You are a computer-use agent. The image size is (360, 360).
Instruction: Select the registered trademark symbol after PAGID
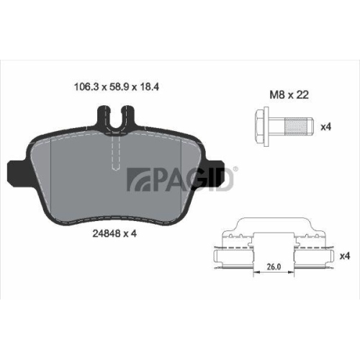pyautogui.click(x=236, y=170)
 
